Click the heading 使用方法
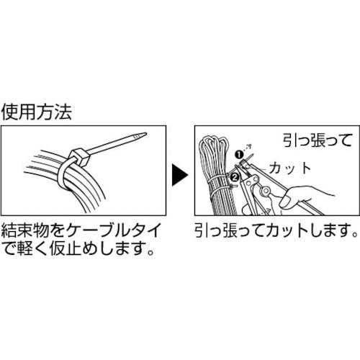point(37,112)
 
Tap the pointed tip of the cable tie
point(145,134)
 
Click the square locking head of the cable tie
point(80,157)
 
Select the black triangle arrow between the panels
point(180,175)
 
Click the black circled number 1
point(239,155)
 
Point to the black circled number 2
point(235,177)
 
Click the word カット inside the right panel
point(290,168)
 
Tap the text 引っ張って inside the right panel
point(318,140)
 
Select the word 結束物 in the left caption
point(25,230)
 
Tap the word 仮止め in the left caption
point(74,250)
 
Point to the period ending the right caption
point(355,235)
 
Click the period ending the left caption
point(150,253)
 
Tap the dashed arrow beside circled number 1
point(247,148)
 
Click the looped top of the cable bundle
point(214,142)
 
